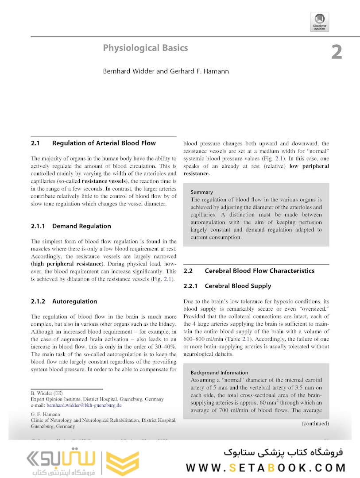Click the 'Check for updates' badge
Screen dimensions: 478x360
[320, 21]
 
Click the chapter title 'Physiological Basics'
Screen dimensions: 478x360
[145, 48]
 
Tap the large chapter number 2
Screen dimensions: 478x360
[337, 52]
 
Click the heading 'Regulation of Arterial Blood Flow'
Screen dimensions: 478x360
[104, 143]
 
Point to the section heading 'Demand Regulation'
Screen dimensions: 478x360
[81, 226]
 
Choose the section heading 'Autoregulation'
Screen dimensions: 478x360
[74, 301]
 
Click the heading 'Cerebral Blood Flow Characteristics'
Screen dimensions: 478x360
[259, 271]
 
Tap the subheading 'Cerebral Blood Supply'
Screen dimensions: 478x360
[238, 286]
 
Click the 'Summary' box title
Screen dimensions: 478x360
[202, 192]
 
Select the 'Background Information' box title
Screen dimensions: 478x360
[220, 373]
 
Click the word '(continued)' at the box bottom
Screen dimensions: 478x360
[315, 424]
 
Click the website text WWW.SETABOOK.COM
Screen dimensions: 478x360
[266, 468]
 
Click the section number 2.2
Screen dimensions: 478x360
[188, 271]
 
